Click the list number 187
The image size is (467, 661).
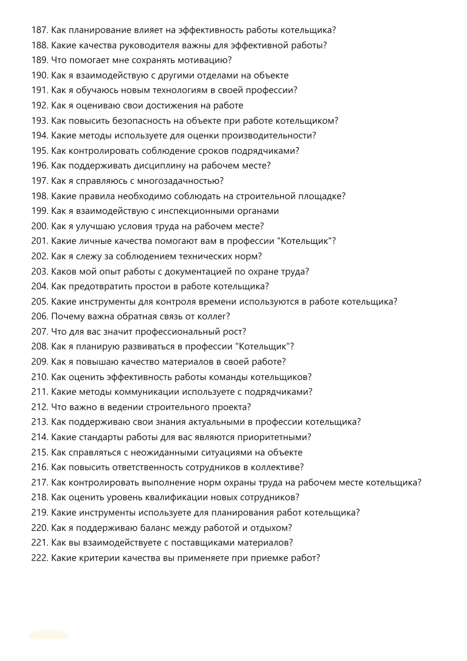coord(40,30)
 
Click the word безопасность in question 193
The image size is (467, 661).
coord(141,121)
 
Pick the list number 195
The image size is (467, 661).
coord(40,151)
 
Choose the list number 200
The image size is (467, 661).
coord(40,226)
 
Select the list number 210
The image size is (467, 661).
coord(40,377)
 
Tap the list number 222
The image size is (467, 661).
coord(40,558)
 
